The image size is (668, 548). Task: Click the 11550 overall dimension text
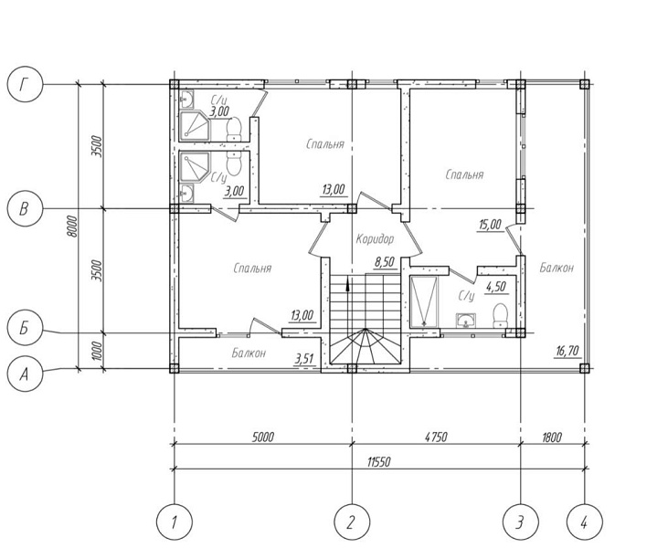(x=378, y=462)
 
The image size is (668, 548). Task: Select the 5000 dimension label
(x=262, y=437)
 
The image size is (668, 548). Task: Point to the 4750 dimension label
(x=435, y=437)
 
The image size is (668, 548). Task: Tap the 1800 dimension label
(x=552, y=437)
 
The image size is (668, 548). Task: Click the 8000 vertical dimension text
(x=73, y=227)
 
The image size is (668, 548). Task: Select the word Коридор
(x=375, y=239)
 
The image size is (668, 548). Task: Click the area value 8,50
(x=385, y=262)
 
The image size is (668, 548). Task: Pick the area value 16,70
(x=567, y=351)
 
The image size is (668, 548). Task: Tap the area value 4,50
(x=496, y=287)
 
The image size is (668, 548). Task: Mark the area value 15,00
(x=491, y=225)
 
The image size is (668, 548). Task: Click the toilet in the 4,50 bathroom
(x=500, y=315)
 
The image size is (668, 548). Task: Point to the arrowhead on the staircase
(x=348, y=283)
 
